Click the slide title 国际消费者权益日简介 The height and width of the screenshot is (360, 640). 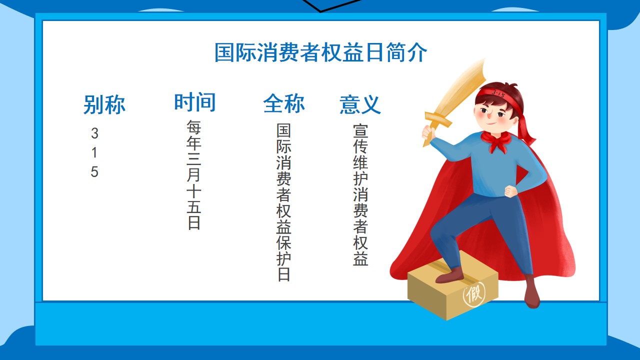[x=320, y=52]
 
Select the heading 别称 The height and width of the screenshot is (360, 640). [x=104, y=104]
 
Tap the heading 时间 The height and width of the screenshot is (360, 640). [x=195, y=102]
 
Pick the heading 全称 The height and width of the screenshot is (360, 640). [x=284, y=103]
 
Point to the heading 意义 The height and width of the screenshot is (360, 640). [x=360, y=104]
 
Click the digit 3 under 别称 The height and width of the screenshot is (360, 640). [x=94, y=133]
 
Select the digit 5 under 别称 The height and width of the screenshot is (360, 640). [x=94, y=172]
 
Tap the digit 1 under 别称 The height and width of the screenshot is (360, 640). [x=94, y=152]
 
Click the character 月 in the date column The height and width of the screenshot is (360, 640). [x=193, y=174]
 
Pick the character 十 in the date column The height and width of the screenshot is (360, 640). [x=193, y=190]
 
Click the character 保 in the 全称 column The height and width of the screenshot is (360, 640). [x=283, y=243]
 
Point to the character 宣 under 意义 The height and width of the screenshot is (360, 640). [x=360, y=130]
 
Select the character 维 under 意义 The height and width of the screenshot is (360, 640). [x=360, y=162]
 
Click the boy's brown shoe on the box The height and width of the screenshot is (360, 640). [x=450, y=275]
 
